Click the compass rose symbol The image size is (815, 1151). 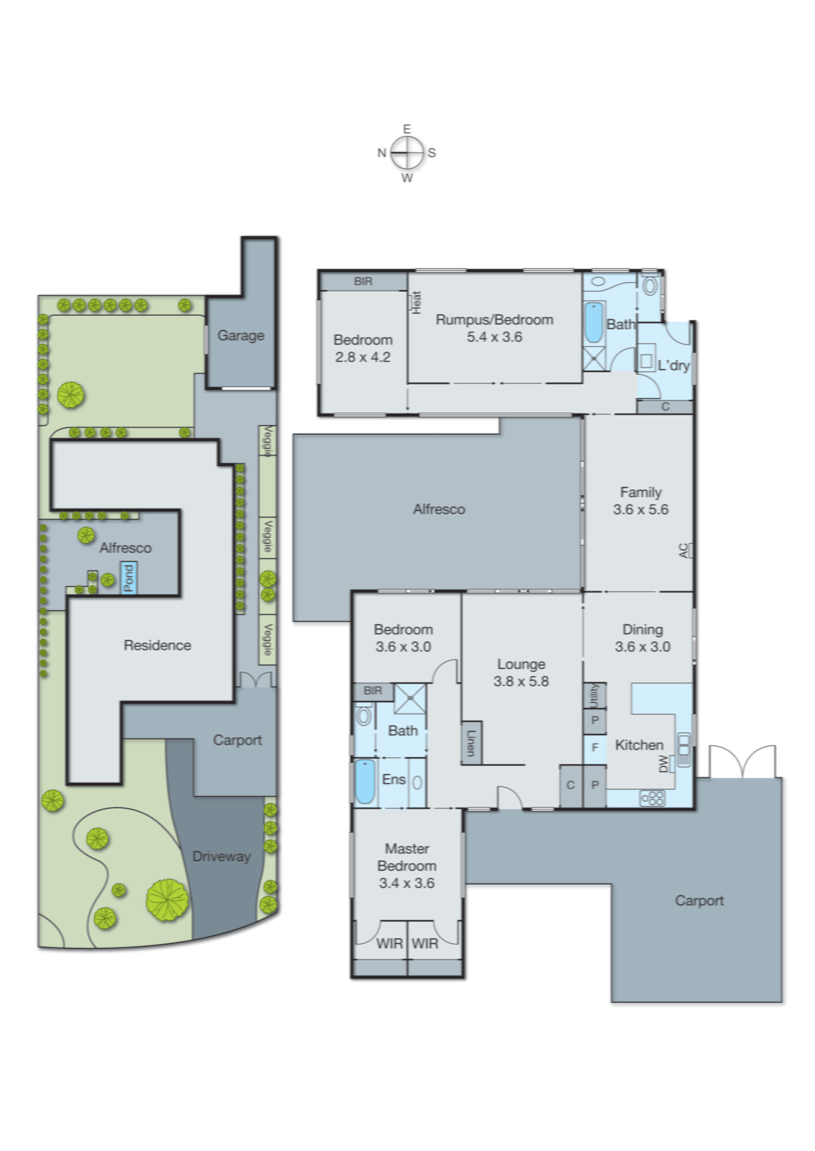tap(406, 153)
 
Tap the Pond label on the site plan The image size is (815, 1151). tap(129, 578)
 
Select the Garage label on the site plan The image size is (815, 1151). tap(240, 335)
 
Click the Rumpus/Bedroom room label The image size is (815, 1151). tap(494, 319)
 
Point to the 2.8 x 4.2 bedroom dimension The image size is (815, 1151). tap(363, 358)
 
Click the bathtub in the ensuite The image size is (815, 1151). tap(365, 782)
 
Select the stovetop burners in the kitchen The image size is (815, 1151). tap(652, 797)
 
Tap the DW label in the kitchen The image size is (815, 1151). tap(663, 764)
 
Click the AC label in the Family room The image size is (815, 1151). tap(683, 551)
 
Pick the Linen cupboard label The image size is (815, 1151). tap(471, 742)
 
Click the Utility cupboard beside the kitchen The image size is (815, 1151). tap(594, 696)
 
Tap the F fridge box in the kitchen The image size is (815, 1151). tap(595, 747)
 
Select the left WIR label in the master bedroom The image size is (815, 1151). tap(389, 943)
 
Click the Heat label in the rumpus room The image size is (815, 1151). tap(416, 302)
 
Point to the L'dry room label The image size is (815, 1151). tap(673, 365)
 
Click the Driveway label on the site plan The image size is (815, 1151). tap(221, 856)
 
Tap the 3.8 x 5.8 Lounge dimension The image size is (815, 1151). tap(521, 681)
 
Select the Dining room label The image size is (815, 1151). tap(642, 629)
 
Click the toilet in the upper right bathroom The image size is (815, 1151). tap(650, 286)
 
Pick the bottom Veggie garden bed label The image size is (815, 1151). tap(267, 640)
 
